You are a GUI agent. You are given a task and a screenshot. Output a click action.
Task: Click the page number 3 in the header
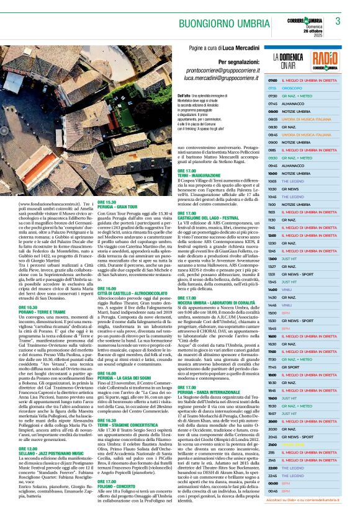(x=338, y=20)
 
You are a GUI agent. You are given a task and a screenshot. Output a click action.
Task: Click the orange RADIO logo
(x=325, y=60)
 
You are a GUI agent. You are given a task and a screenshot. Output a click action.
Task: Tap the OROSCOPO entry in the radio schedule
(x=292, y=88)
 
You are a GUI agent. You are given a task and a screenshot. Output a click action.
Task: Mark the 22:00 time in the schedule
(x=272, y=467)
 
